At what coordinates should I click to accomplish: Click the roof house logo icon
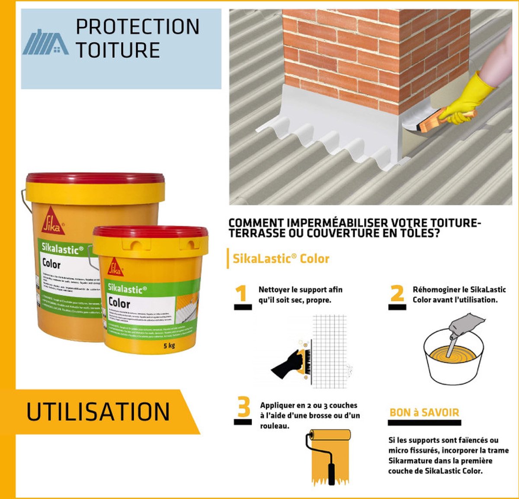45,42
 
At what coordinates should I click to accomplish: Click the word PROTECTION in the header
138,27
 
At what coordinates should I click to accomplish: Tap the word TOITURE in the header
118,50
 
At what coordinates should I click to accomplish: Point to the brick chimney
372,52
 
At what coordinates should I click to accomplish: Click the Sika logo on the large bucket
53,220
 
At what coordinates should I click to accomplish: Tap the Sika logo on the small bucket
115,267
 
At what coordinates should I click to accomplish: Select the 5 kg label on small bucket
169,346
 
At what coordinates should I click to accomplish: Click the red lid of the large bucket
95,178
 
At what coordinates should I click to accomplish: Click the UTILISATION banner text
98,412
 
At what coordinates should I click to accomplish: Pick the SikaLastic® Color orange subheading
281,259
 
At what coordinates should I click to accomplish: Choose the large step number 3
243,408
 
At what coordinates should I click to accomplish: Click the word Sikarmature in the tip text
409,461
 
